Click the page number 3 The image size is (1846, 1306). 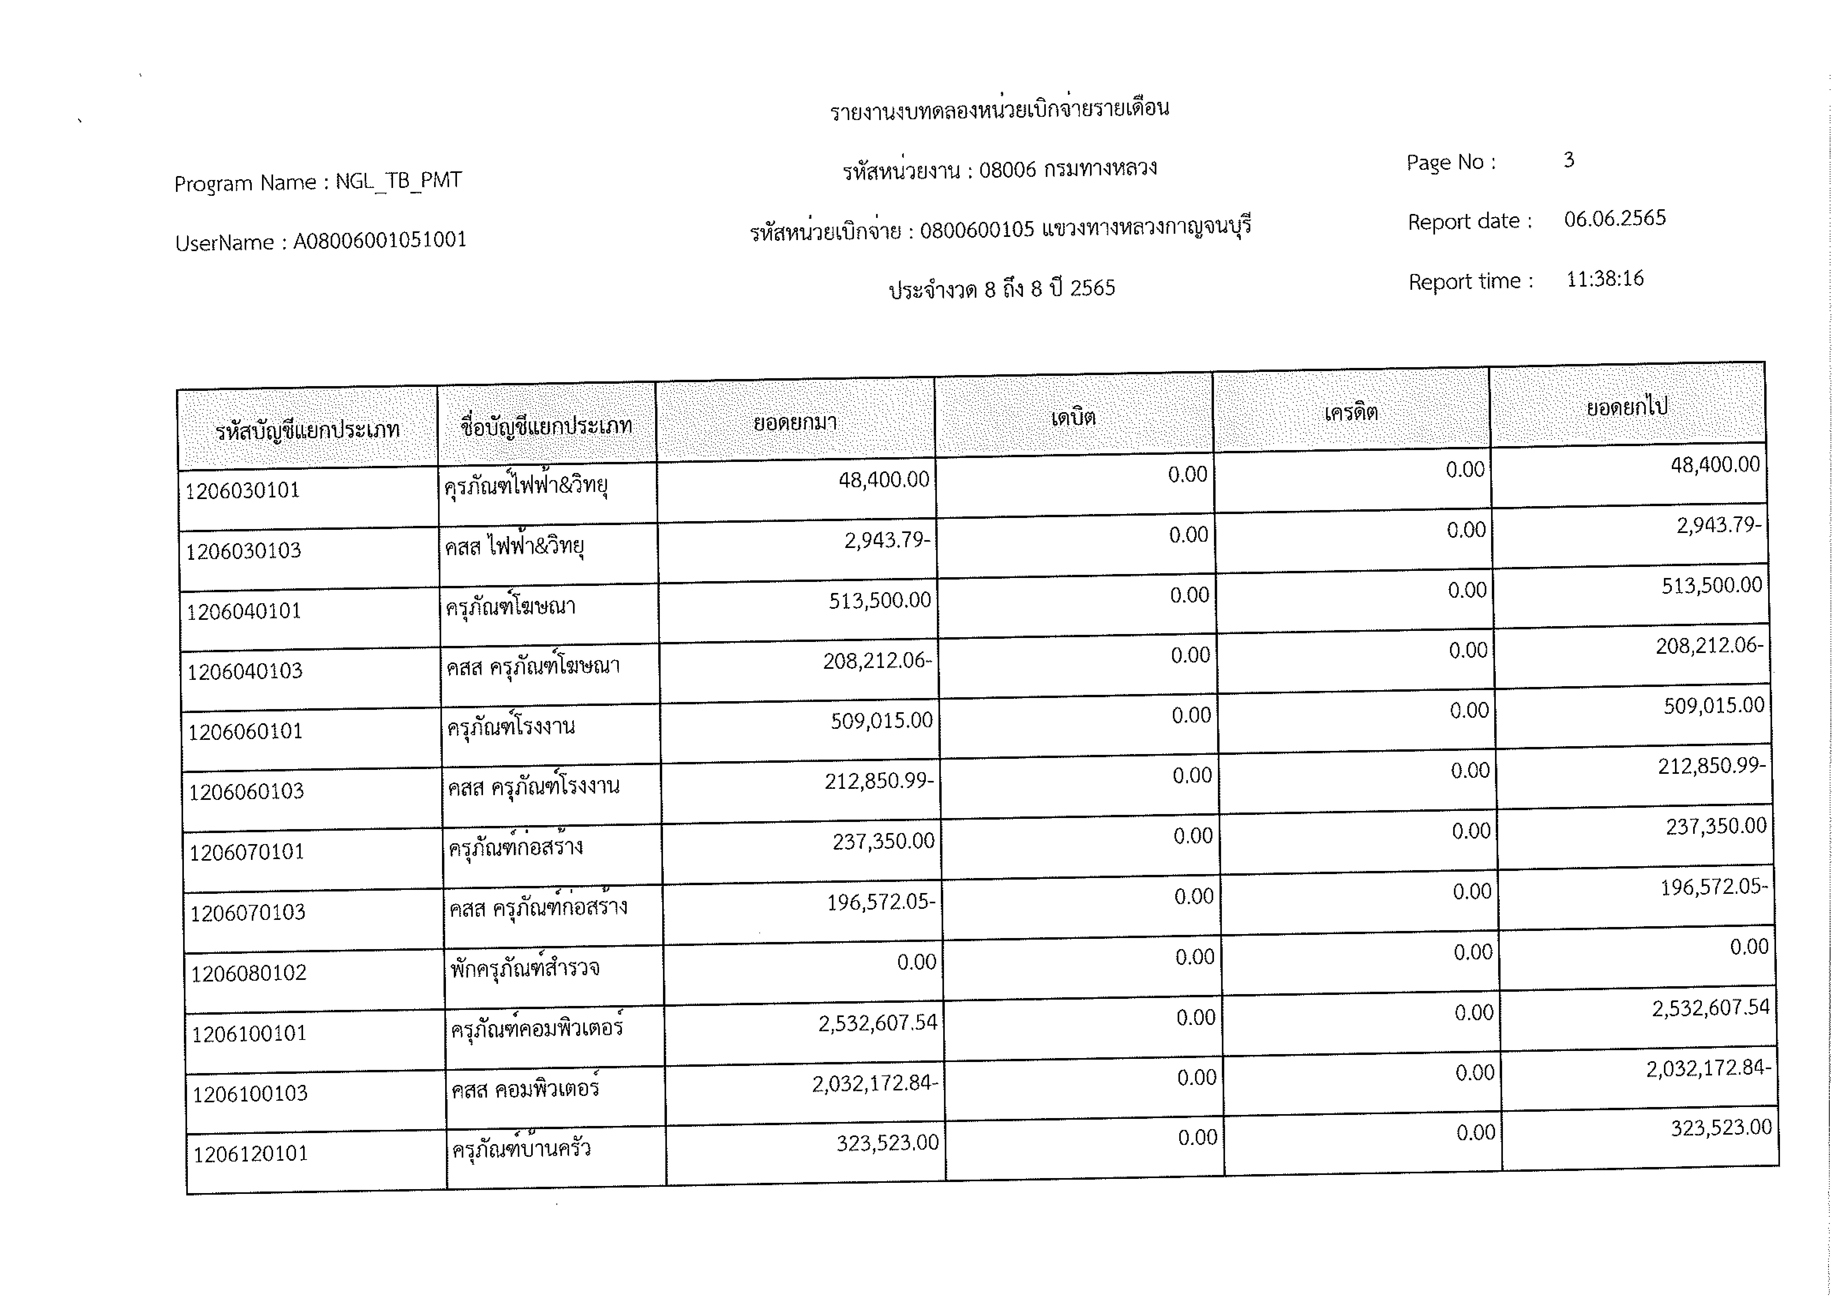1569,160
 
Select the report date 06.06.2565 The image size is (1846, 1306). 1614,219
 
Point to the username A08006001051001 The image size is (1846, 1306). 380,241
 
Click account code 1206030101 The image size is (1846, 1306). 242,491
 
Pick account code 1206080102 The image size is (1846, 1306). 248,973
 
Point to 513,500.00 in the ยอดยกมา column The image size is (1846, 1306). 879,600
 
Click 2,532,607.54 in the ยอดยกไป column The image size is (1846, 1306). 1710,1008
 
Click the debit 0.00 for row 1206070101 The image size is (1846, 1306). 1193,836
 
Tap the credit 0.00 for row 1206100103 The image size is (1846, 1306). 1475,1073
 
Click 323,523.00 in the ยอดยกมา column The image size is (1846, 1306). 887,1143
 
